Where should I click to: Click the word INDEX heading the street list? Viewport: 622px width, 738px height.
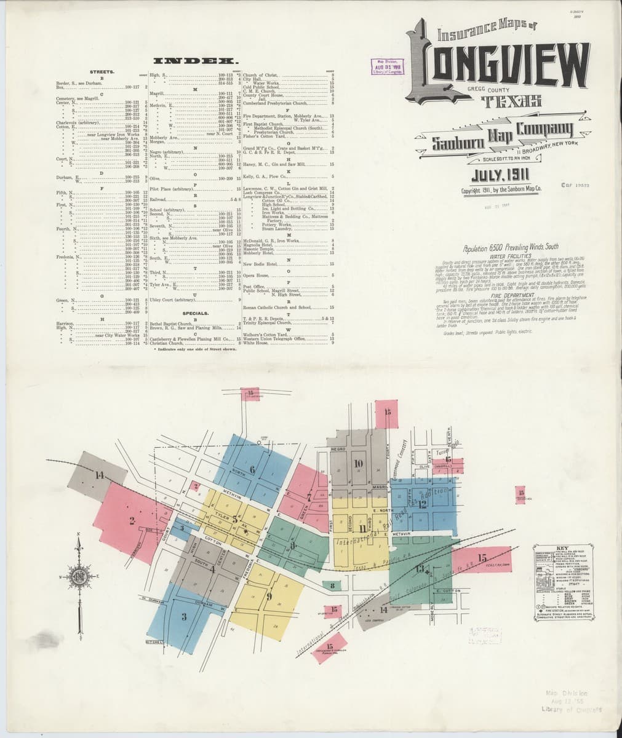pyautogui.click(x=197, y=61)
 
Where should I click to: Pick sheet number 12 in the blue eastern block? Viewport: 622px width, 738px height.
pyautogui.click(x=423, y=503)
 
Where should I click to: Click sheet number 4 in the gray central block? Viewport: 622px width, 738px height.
pyautogui.click(x=213, y=569)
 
